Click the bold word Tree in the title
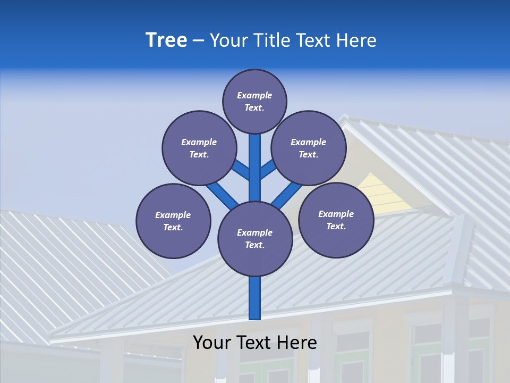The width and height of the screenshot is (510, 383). point(166,40)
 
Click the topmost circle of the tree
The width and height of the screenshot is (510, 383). point(254,101)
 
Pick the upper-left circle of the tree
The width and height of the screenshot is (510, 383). point(199,148)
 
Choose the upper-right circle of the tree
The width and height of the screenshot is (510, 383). point(309,148)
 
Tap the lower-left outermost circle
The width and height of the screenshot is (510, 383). point(173,221)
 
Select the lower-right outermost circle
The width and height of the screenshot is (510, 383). point(336,220)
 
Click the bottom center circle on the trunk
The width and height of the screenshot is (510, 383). point(255,239)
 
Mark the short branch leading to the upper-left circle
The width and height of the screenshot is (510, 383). point(242,170)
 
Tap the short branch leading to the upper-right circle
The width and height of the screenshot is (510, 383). point(268,170)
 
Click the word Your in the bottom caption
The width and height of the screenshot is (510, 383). point(212,343)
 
